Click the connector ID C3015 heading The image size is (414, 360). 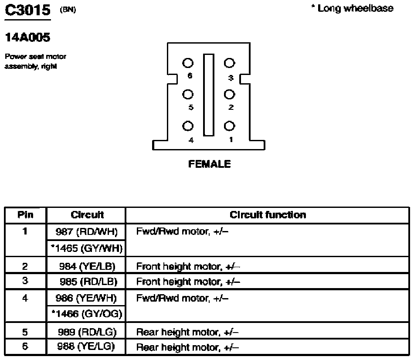(x=28, y=10)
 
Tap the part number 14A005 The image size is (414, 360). (x=28, y=37)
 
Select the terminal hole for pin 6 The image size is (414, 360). (x=188, y=63)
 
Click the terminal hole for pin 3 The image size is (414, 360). (x=229, y=63)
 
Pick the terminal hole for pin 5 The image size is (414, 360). (x=188, y=94)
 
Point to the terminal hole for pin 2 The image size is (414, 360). (x=229, y=94)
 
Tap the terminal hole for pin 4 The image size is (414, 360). (x=188, y=126)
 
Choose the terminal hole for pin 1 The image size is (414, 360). (x=229, y=126)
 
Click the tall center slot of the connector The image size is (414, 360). (x=209, y=95)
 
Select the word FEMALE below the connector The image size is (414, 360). (x=209, y=164)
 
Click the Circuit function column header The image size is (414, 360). (x=268, y=215)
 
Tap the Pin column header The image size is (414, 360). (x=25, y=215)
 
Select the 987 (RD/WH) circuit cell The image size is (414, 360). (x=86, y=231)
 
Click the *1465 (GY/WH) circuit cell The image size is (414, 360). (x=86, y=248)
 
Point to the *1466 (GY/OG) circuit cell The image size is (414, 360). (x=86, y=314)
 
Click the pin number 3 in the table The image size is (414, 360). (x=25, y=281)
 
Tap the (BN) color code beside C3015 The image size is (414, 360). (x=68, y=10)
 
